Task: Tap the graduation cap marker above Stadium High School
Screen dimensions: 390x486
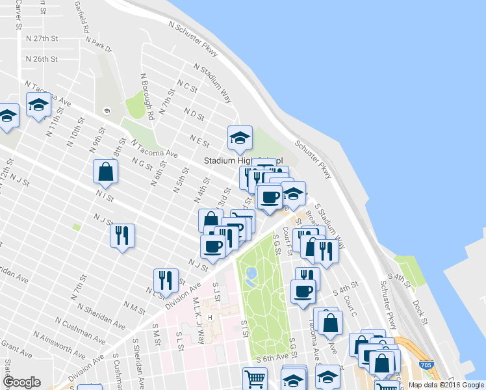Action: pos(239,137)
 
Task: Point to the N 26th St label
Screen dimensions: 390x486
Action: pos(42,59)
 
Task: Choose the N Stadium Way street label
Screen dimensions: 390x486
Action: pos(212,83)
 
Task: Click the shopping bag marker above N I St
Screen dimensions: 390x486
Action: pos(105,172)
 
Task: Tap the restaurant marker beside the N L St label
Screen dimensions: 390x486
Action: pos(166,280)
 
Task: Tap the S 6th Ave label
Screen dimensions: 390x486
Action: pos(271,358)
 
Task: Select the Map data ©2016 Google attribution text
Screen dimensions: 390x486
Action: pos(445,385)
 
